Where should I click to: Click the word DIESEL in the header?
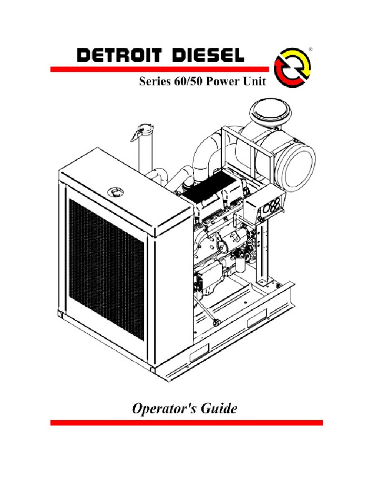coord(205,56)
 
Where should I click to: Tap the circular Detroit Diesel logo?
coord(292,67)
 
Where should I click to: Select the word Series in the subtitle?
coord(154,82)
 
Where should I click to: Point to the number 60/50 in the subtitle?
coord(188,82)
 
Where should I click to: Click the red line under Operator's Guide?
coord(186,423)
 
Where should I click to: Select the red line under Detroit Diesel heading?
coord(159,69)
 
